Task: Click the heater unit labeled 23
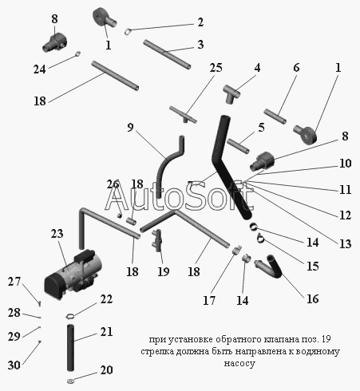coord(73,273)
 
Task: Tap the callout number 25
coord(216,68)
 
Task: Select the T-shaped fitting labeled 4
coord(231,94)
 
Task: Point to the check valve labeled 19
coord(157,240)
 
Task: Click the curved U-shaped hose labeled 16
coord(269,267)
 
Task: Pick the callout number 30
coord(14,365)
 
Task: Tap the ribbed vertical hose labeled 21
coord(70,348)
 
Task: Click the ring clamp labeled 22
coord(70,316)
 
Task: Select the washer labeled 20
coord(70,381)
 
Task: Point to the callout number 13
coord(345,243)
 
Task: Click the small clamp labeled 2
coord(128,31)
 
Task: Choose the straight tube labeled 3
coord(167,54)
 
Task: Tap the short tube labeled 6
coord(275,117)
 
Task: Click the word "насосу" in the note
coord(239,363)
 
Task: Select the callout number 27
coord(14,282)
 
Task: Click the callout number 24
coord(40,69)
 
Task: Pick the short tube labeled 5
coord(238,146)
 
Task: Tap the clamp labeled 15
coord(260,238)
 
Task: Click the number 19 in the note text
coord(326,339)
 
